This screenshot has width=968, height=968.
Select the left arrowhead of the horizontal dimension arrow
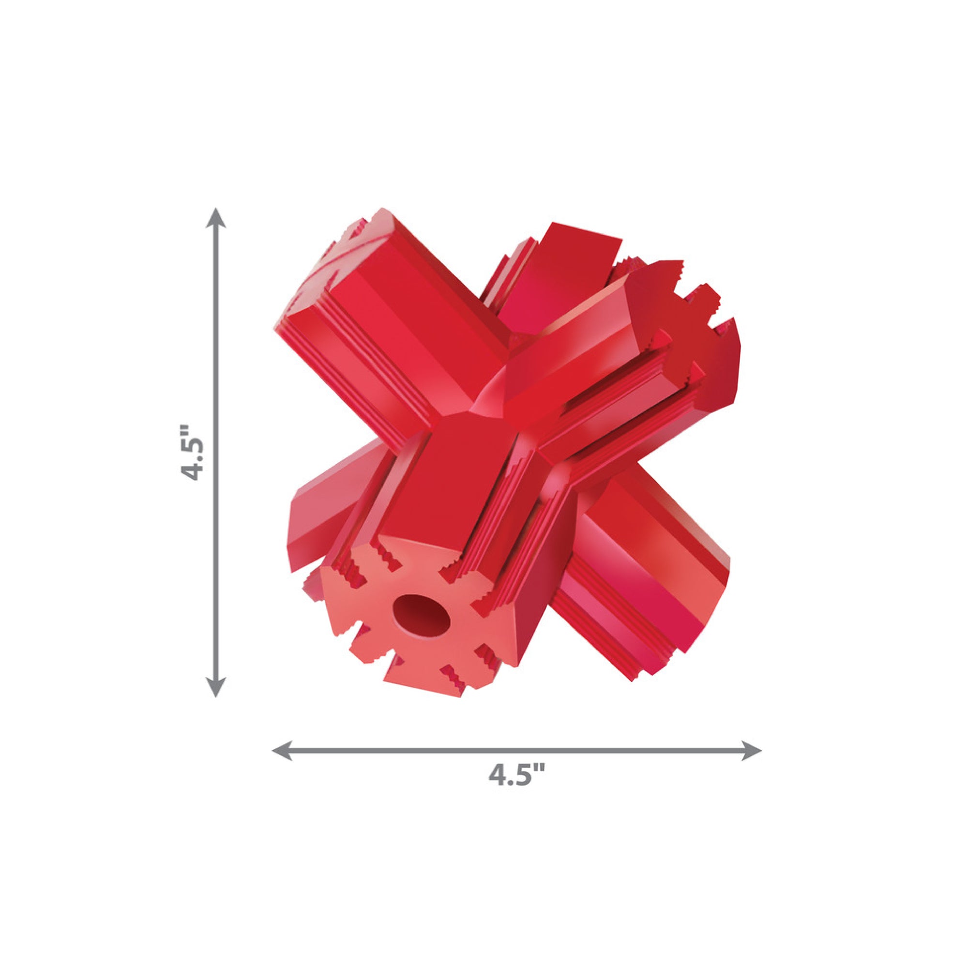coord(282,765)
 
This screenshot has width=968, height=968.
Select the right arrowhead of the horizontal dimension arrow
coord(751,765)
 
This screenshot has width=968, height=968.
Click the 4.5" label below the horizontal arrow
coord(516,790)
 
